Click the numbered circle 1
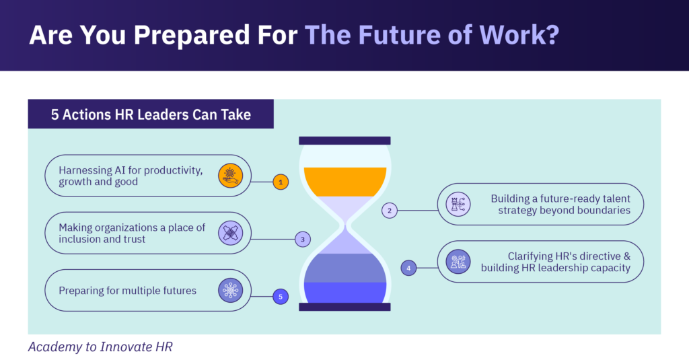pyautogui.click(x=281, y=181)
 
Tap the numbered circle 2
pyautogui.click(x=390, y=211)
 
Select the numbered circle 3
pyautogui.click(x=303, y=239)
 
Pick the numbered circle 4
pyautogui.click(x=408, y=268)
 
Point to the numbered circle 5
pyautogui.click(x=281, y=296)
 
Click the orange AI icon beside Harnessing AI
pyautogui.click(x=230, y=176)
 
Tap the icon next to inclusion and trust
pyautogui.click(x=230, y=233)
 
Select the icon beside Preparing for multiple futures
pyautogui.click(x=230, y=291)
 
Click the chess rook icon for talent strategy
pyautogui.click(x=458, y=204)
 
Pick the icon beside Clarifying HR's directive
pyautogui.click(x=458, y=262)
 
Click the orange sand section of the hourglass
pyautogui.click(x=345, y=181)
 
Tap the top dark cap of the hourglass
pyautogui.click(x=344, y=141)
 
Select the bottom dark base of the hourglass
pyautogui.click(x=344, y=307)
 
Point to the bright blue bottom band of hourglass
pyautogui.click(x=345, y=291)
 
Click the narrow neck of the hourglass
pyautogui.click(x=345, y=229)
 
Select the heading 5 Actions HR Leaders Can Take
pyautogui.click(x=151, y=114)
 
